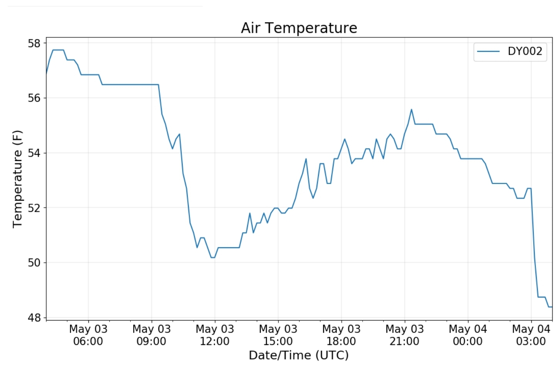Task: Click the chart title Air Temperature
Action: pyautogui.click(x=299, y=28)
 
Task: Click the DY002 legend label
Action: pyautogui.click(x=525, y=51)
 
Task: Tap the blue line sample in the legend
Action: pyautogui.click(x=488, y=51)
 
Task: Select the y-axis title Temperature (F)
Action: pyautogui.click(x=17, y=179)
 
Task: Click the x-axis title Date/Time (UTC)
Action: pyautogui.click(x=298, y=355)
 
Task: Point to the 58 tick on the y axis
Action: pyautogui.click(x=34, y=43)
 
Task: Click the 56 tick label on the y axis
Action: pyautogui.click(x=34, y=98)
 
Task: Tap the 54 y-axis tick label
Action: pyautogui.click(x=34, y=153)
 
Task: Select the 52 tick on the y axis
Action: pyautogui.click(x=34, y=208)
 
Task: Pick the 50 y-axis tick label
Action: pyautogui.click(x=34, y=263)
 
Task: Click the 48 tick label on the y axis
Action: pyautogui.click(x=34, y=318)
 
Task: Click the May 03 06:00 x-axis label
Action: pyautogui.click(x=88, y=335)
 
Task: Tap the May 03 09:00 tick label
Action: pyautogui.click(x=151, y=335)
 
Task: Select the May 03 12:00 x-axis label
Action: pyautogui.click(x=215, y=335)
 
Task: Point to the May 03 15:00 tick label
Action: pyautogui.click(x=278, y=335)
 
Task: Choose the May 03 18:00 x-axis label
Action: pyautogui.click(x=341, y=335)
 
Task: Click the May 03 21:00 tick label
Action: pyautogui.click(x=405, y=335)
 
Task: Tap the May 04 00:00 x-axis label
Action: pyautogui.click(x=468, y=335)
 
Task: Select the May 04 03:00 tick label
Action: pyautogui.click(x=531, y=335)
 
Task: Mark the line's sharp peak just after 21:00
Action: pyautogui.click(x=412, y=110)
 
